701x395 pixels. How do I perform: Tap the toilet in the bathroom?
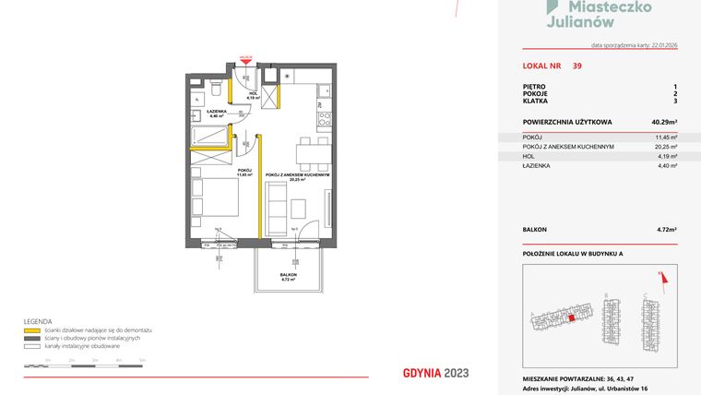(x=213, y=90)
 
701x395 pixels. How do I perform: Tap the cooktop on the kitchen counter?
(x=324, y=118)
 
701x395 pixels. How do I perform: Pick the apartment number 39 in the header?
(x=576, y=66)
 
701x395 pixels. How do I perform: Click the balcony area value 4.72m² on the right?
(x=666, y=228)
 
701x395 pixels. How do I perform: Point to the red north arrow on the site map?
(x=660, y=274)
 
